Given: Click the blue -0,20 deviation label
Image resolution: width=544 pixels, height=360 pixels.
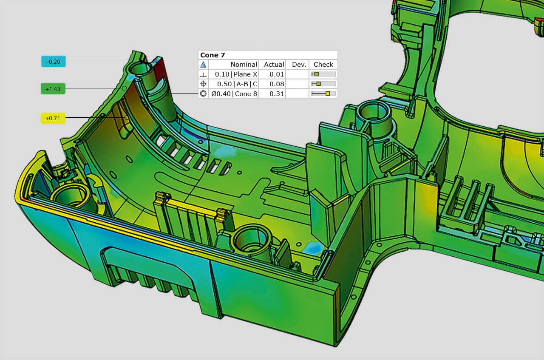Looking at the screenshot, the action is pos(54,62).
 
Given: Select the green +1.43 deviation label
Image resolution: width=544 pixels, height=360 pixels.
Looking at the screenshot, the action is pos(53,89).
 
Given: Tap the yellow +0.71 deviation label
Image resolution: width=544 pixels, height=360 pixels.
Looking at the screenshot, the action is pos(53,118).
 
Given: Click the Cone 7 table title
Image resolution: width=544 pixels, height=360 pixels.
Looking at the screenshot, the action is pos(212,55).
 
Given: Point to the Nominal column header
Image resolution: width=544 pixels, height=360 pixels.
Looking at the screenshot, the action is pos(244,64).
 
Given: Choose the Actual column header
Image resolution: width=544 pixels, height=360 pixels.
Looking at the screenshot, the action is pos(274,64).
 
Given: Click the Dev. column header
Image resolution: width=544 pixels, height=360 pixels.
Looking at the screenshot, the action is pos(299,64).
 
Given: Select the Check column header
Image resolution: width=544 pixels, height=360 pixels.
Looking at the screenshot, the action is pos(323,64).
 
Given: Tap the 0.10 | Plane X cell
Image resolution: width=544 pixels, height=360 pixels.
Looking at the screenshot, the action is pos(236,74).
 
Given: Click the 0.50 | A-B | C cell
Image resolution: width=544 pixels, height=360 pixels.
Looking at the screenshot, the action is pos(237,84).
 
